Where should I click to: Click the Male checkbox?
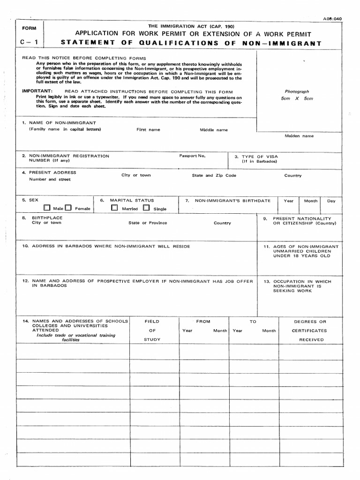(47, 208)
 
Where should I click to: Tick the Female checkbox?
(68, 208)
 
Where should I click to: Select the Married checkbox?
(115, 208)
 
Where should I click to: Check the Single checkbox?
(146, 208)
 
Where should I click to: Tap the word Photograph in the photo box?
(297, 91)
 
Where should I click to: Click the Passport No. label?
(192, 155)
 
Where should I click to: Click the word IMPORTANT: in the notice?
(37, 90)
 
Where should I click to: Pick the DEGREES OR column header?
(310, 322)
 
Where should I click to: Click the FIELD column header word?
(152, 322)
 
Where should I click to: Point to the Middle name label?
(214, 130)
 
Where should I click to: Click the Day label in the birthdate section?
(331, 201)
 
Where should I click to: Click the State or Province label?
(148, 223)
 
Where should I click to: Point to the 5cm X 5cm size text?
(297, 98)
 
